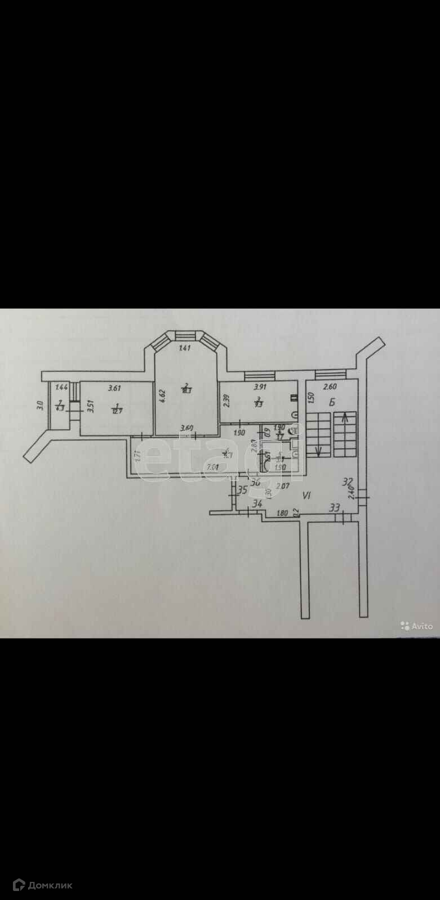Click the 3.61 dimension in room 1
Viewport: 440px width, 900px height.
[x=115, y=388]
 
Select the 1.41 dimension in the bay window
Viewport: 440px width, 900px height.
[x=185, y=348]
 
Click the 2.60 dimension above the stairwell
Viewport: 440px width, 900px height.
[x=330, y=386]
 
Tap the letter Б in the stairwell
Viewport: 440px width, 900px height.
[x=332, y=402]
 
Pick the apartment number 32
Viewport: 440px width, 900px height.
[x=348, y=481]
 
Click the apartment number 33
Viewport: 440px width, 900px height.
[x=335, y=508]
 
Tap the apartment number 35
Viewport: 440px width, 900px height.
[x=242, y=490]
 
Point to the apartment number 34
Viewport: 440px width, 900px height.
[x=257, y=503]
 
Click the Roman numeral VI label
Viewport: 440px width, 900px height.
[x=307, y=496]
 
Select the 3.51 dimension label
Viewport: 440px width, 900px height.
[x=89, y=407]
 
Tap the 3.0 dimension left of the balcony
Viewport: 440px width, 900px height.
[x=39, y=405]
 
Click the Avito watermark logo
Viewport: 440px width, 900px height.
[x=417, y=625]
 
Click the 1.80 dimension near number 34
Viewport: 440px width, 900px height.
[x=283, y=512]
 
